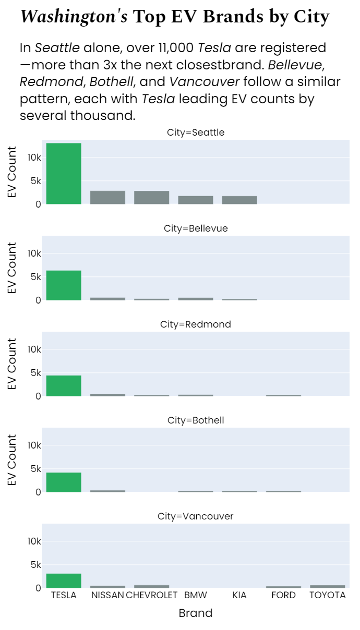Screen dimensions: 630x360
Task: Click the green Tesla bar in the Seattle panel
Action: click(x=64, y=173)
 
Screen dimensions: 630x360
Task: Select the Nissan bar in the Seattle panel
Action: click(x=107, y=197)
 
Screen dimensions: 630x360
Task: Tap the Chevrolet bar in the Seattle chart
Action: click(x=151, y=197)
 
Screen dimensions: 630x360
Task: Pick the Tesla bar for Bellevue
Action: click(x=64, y=285)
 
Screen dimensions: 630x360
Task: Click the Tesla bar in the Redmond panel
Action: click(x=64, y=385)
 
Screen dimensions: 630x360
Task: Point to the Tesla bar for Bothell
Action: click(x=64, y=482)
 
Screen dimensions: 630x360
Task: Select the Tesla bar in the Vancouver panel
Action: click(x=64, y=580)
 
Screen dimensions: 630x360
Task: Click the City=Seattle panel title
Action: click(x=195, y=132)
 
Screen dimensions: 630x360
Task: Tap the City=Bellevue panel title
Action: click(x=195, y=228)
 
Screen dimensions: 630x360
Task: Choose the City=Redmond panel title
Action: click(x=195, y=324)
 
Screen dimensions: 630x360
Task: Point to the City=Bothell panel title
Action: click(x=195, y=420)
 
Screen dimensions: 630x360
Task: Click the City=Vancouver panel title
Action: click(x=195, y=516)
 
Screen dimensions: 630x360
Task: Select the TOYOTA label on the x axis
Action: click(x=327, y=595)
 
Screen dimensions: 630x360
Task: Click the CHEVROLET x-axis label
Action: click(x=152, y=595)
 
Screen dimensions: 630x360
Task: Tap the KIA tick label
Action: click(x=239, y=595)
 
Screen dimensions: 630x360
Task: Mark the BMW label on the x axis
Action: click(x=196, y=595)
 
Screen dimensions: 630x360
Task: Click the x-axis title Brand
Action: click(x=195, y=613)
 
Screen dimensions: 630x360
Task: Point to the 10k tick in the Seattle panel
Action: click(x=34, y=158)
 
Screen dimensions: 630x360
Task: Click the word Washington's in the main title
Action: click(x=74, y=17)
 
